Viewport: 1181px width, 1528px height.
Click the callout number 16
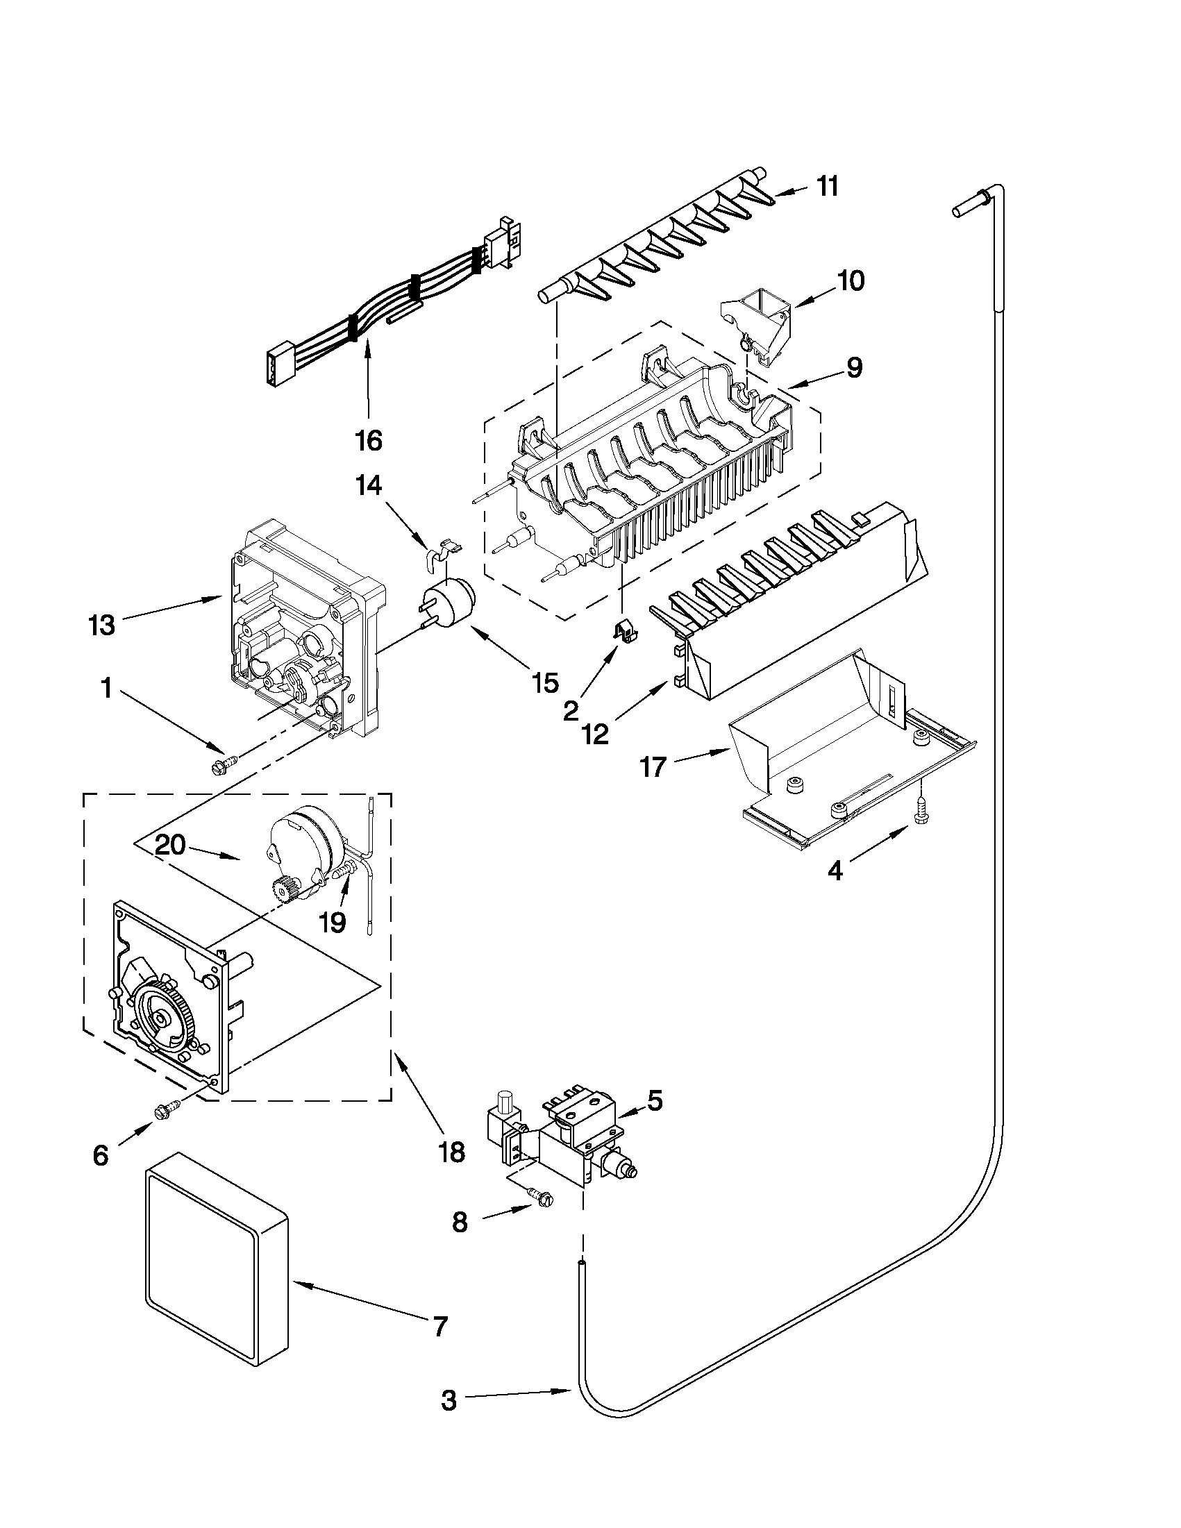[369, 440]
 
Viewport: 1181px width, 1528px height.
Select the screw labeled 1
[223, 766]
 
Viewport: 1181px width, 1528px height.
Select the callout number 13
[102, 625]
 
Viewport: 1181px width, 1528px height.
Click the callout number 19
[333, 923]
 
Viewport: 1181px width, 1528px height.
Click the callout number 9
[853, 369]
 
